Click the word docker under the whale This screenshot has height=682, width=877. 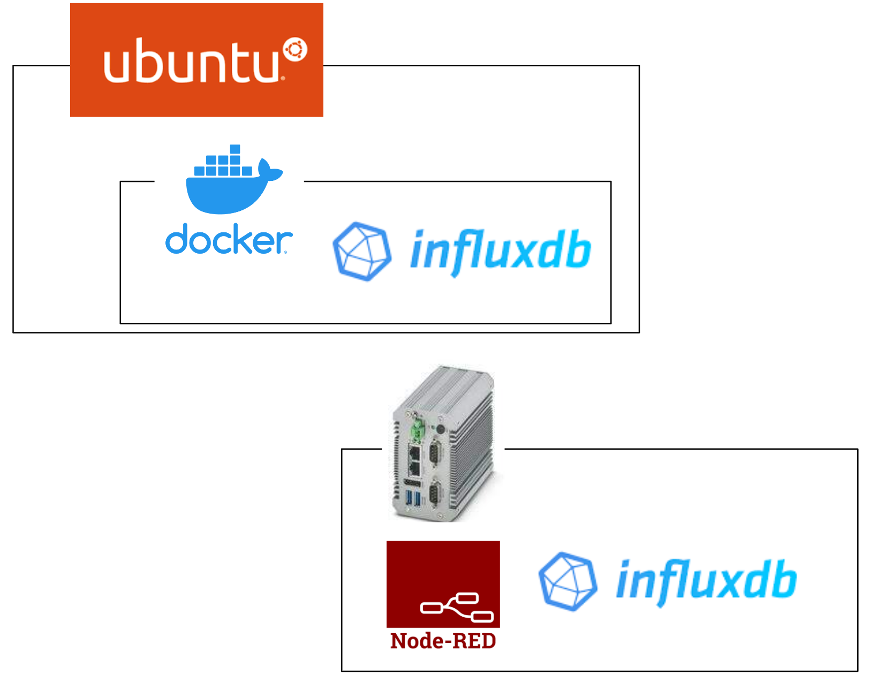(x=229, y=240)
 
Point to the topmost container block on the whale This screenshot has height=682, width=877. (x=235, y=149)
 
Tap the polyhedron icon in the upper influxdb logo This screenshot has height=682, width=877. (x=361, y=251)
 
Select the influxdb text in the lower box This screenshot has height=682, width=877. (x=706, y=581)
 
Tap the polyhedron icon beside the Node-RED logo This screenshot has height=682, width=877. (x=567, y=581)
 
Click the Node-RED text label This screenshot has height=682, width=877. (x=443, y=641)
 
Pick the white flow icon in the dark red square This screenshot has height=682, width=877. (x=457, y=607)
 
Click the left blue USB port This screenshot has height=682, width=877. (x=409, y=499)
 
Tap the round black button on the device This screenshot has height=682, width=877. (x=440, y=429)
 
